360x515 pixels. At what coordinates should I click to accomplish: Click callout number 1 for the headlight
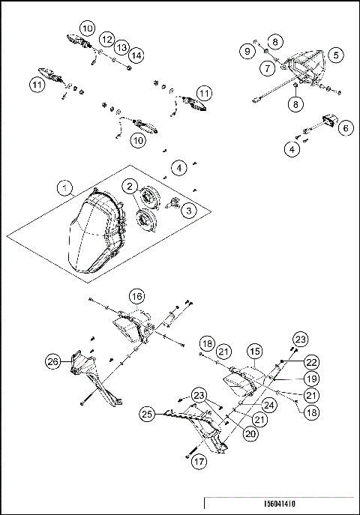click(x=67, y=185)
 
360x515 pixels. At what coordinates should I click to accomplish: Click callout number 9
click(x=247, y=50)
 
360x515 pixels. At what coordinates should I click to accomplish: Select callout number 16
click(x=137, y=296)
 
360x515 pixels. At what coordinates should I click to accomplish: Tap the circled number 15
click(x=256, y=350)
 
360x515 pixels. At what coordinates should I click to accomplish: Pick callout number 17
click(x=198, y=463)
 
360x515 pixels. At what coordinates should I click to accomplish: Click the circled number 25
click(x=148, y=413)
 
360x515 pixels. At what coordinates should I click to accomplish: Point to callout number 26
click(x=52, y=361)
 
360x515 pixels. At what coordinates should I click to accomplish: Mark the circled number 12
click(x=106, y=38)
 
